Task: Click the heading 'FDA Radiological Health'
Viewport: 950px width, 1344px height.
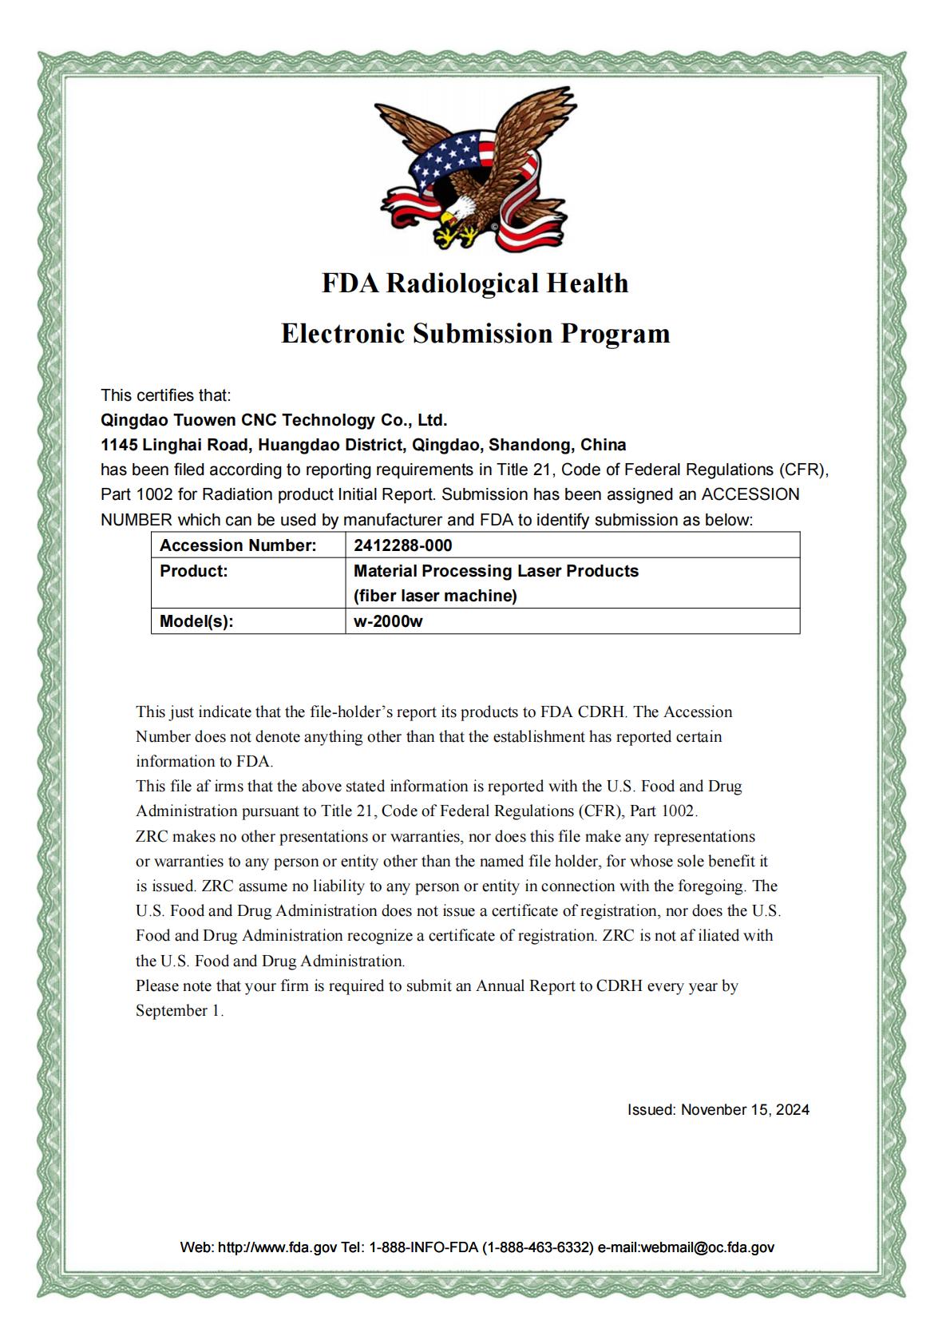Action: [475, 283]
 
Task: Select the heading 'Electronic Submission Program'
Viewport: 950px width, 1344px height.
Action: [475, 333]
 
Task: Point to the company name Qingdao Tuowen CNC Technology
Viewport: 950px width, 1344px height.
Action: [273, 420]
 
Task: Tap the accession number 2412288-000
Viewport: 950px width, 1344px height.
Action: [402, 545]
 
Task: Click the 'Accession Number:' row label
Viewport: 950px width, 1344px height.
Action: [238, 545]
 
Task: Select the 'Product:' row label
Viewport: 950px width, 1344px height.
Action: [193, 571]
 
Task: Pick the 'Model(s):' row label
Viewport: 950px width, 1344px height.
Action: [196, 621]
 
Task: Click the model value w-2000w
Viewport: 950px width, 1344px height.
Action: [388, 621]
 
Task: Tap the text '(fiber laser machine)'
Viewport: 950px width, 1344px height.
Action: [435, 596]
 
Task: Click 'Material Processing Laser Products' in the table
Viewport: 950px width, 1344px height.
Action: [496, 571]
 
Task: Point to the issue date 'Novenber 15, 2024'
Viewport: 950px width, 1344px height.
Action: [745, 1109]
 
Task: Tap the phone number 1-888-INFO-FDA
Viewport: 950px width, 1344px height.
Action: [423, 1247]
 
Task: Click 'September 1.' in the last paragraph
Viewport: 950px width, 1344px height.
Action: [180, 1010]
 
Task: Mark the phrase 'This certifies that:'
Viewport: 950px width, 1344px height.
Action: [165, 395]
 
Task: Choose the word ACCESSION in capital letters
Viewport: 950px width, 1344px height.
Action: [750, 494]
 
